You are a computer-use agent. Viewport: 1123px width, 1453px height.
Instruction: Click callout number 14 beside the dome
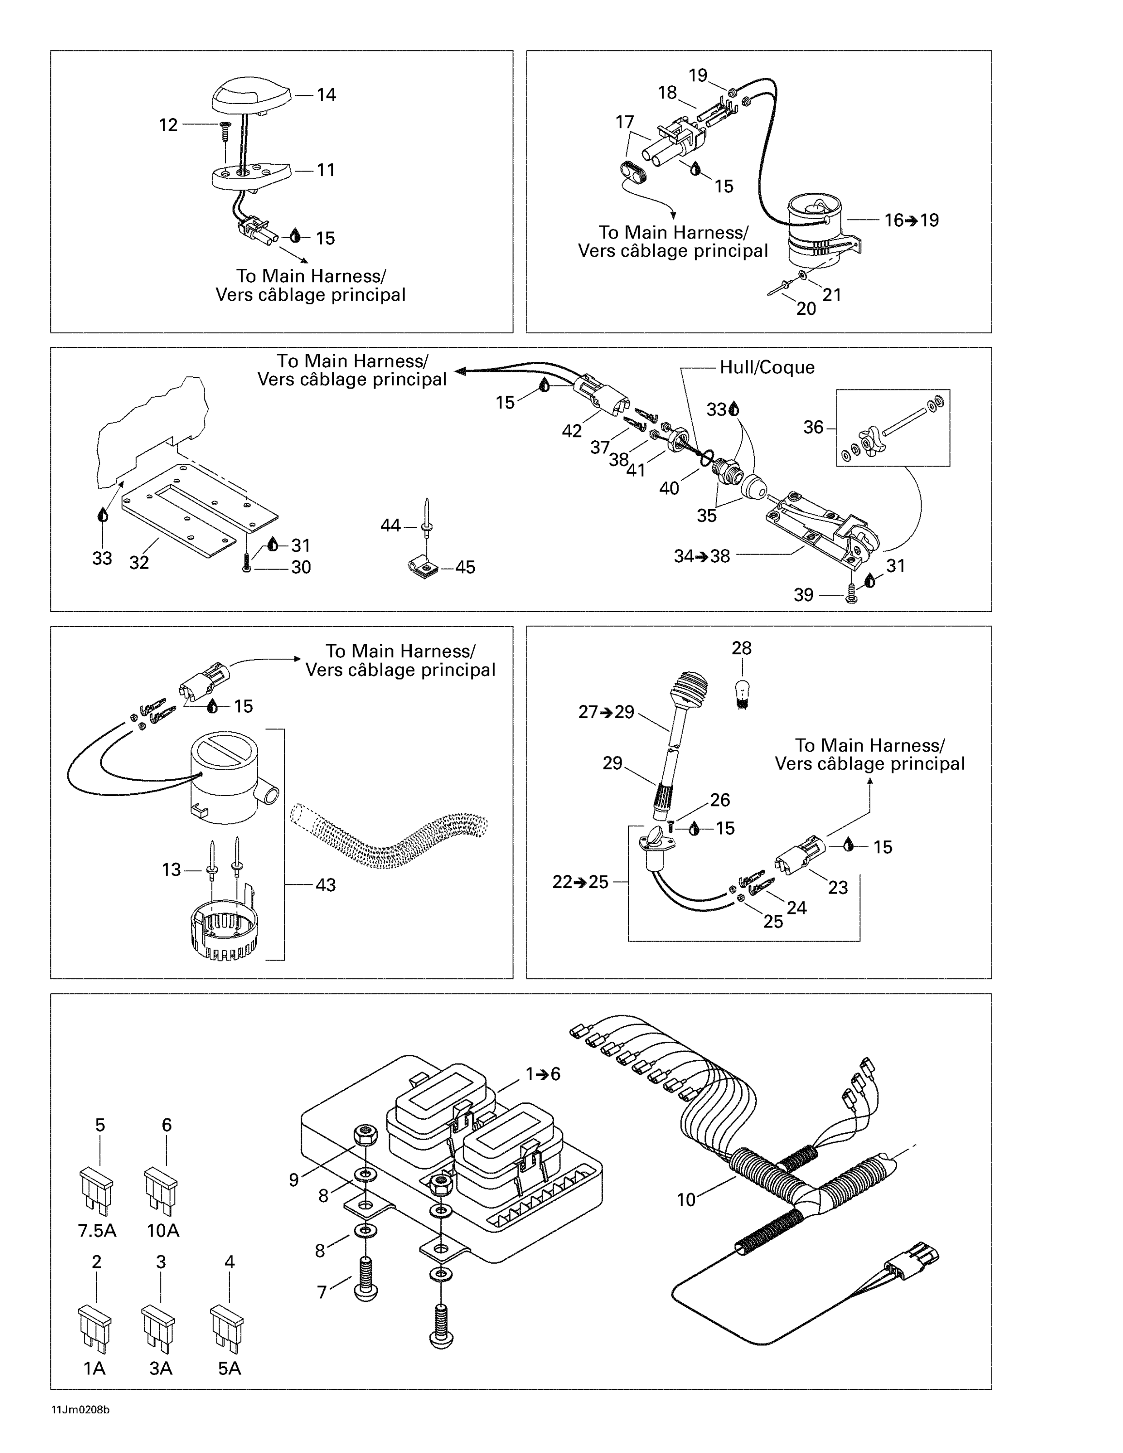326,95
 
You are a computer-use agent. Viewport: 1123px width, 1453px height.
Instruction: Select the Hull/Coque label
766,367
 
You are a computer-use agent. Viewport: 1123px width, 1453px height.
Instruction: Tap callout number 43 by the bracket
326,885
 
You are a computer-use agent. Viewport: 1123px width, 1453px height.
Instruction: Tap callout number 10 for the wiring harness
686,1200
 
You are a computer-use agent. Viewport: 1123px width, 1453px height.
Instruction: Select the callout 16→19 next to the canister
911,220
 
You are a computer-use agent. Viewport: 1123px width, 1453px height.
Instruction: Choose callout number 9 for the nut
294,1179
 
